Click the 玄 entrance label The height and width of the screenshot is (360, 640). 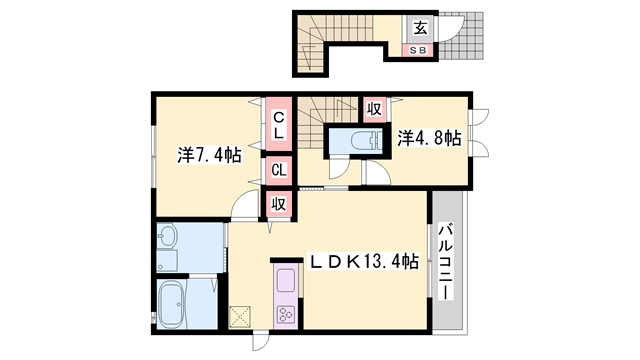point(419,27)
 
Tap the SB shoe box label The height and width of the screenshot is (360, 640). point(419,49)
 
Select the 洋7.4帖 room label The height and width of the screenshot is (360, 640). point(209,155)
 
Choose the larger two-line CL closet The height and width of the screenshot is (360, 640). point(278,124)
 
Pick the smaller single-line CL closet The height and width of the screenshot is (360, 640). point(278,170)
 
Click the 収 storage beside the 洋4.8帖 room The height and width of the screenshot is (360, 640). point(374,108)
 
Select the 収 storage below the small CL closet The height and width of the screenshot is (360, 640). point(278,203)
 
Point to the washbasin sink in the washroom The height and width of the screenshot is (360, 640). point(167,240)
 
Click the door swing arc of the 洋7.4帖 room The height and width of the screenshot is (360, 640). point(243,206)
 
